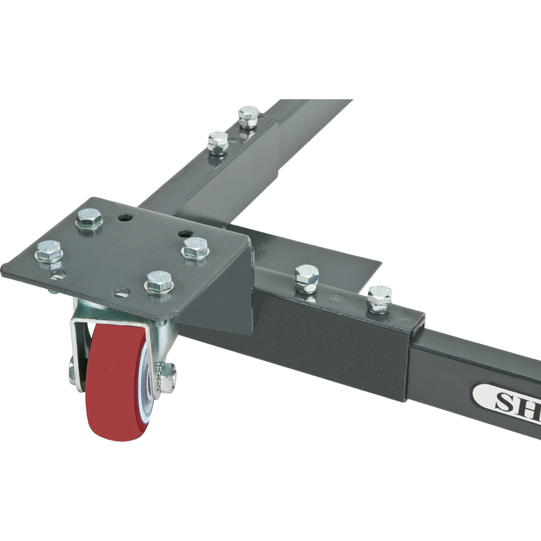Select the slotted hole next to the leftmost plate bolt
(x=58, y=274)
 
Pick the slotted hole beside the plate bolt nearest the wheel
(x=122, y=293)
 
